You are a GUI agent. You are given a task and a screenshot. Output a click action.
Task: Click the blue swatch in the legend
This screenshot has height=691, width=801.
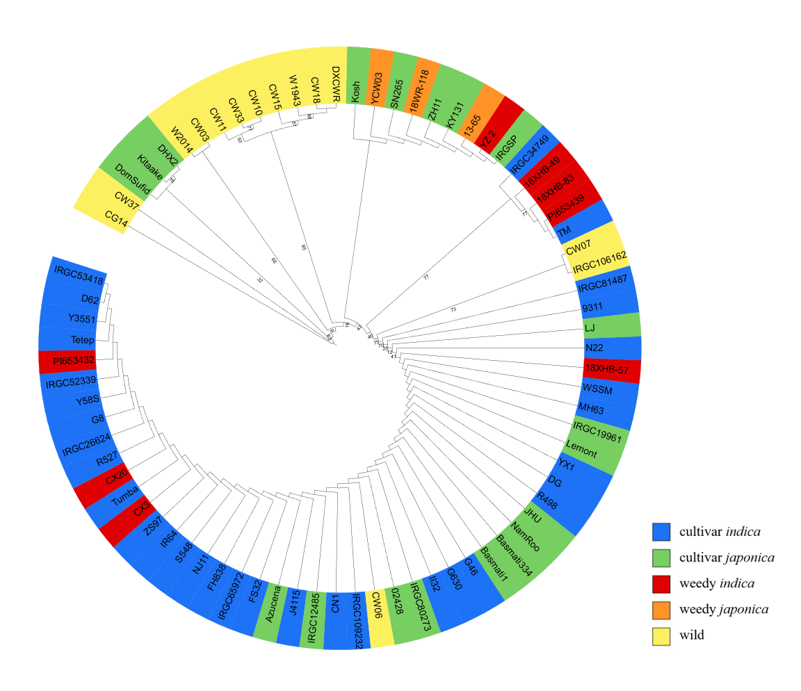[x=661, y=532]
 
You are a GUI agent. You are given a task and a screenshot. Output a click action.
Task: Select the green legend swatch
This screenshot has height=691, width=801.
[x=661, y=558]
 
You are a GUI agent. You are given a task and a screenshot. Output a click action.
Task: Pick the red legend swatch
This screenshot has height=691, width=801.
[x=661, y=584]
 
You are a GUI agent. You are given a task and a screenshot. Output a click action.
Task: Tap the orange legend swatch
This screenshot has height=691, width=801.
[x=661, y=610]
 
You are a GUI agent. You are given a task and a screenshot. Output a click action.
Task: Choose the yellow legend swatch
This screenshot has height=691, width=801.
[x=661, y=636]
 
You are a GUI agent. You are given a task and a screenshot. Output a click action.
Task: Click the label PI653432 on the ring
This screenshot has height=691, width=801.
[x=74, y=360]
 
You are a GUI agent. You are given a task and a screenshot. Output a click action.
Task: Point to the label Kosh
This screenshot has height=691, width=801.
[x=356, y=92]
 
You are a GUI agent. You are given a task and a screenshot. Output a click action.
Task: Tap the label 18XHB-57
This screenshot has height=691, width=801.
[x=606, y=368]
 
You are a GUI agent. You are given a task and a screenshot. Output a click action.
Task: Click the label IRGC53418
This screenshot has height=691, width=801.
[x=79, y=276]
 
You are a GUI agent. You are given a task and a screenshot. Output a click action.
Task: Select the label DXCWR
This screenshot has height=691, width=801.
[x=335, y=84]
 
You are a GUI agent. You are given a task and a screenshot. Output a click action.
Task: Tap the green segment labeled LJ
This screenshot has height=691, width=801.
[x=612, y=326]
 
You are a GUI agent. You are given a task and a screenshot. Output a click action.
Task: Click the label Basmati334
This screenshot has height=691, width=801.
[x=515, y=556]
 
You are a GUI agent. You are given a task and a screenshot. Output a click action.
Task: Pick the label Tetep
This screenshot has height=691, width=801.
[x=82, y=340]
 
